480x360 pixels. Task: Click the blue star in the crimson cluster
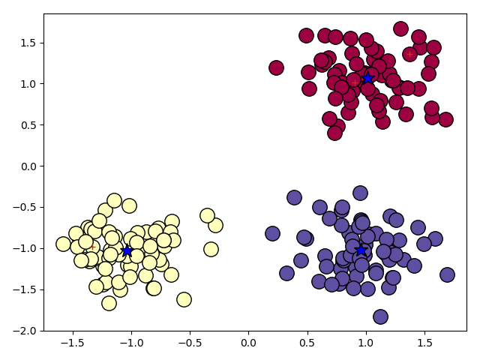click(367, 78)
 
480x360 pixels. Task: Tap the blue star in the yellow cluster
click(127, 250)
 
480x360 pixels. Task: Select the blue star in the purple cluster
click(361, 250)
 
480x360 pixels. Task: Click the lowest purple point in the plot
click(380, 316)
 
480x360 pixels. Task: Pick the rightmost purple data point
click(447, 274)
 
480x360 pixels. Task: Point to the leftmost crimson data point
click(276, 67)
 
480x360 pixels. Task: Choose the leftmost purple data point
click(272, 233)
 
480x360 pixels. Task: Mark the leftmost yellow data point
click(63, 244)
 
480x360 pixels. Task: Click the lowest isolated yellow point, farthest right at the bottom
click(184, 299)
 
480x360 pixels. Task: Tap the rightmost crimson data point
click(445, 119)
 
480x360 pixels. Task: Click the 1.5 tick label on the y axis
click(28, 42)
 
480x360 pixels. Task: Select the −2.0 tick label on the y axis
click(25, 331)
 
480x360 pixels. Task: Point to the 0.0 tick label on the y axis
click(28, 166)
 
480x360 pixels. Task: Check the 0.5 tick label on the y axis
click(28, 124)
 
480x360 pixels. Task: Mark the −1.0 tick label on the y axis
click(25, 248)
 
